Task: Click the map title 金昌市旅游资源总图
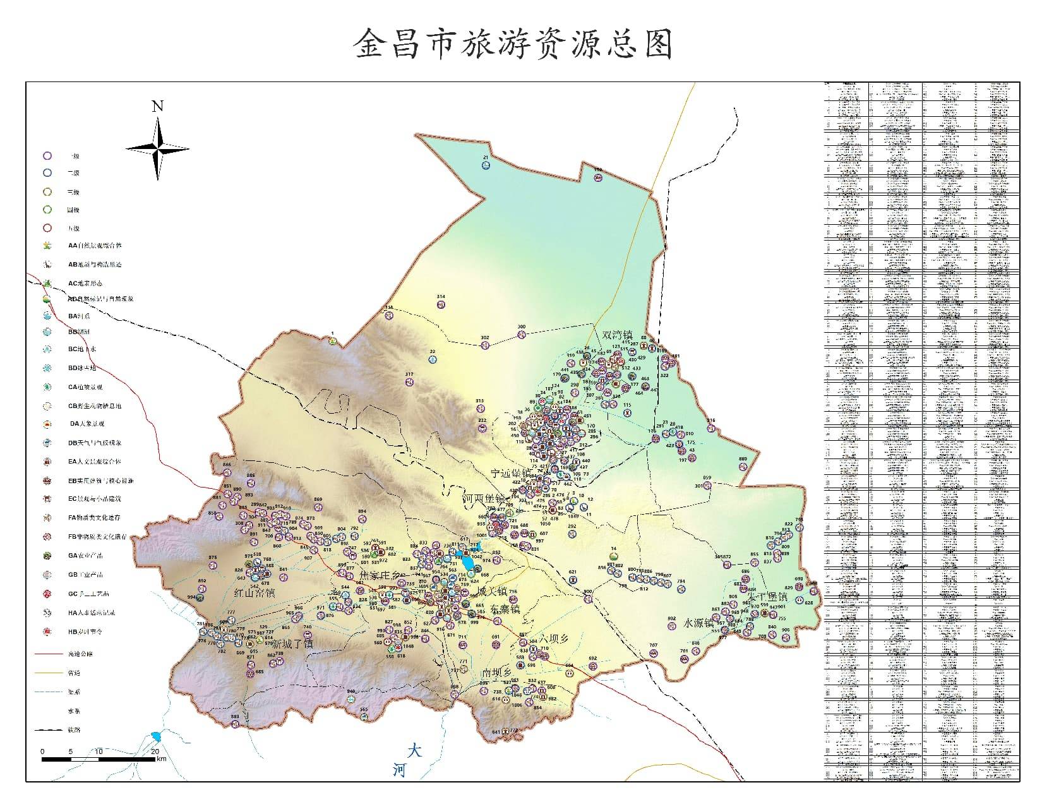tap(513, 44)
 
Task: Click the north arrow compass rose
tap(157, 149)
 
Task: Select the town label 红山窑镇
tap(255, 592)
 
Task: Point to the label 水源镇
tap(698, 623)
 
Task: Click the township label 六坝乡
tap(554, 638)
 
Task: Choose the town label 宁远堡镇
tap(512, 472)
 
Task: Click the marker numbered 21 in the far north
tap(485, 165)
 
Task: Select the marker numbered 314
tap(441, 304)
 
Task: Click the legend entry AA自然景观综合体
tap(95, 246)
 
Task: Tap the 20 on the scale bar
tap(155, 752)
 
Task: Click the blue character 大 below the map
tap(414, 750)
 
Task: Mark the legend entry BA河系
tap(80, 316)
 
